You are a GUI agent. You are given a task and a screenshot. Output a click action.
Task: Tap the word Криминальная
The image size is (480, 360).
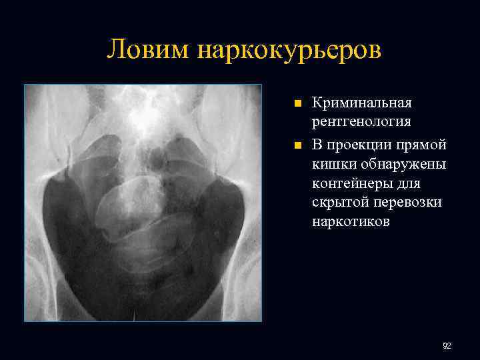click(x=362, y=103)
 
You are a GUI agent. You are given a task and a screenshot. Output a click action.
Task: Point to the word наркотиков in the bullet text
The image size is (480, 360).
click(x=351, y=221)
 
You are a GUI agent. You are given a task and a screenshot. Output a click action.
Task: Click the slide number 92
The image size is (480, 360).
click(x=447, y=346)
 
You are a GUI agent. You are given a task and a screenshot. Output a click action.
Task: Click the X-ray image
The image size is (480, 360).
click(x=143, y=203)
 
